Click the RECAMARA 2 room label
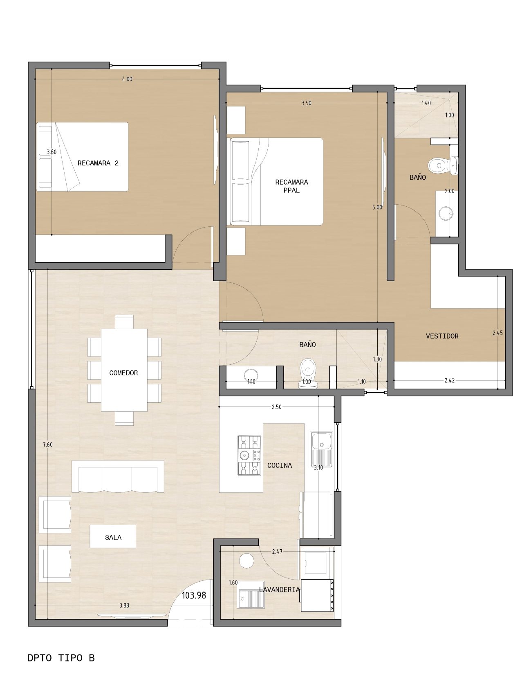[x=98, y=163]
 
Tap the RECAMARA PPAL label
[x=291, y=186]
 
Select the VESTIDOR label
[x=442, y=336]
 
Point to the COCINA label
[x=280, y=465]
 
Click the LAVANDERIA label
[x=279, y=589]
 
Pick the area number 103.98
[x=194, y=595]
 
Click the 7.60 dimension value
[x=47, y=445]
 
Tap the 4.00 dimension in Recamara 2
[x=127, y=79]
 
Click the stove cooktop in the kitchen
[x=249, y=455]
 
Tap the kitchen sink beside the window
[x=321, y=449]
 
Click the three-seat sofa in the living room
[x=118, y=476]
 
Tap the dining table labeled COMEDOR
[x=124, y=370]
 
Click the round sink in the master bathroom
[x=446, y=213]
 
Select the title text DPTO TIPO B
[x=61, y=658]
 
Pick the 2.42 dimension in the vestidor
[x=450, y=380]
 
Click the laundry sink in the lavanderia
[x=251, y=594]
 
